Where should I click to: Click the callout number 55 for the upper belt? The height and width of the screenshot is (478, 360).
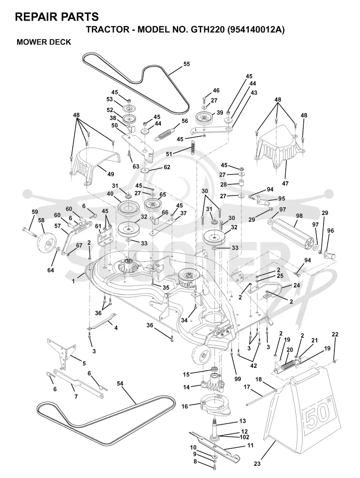pyautogui.click(x=186, y=64)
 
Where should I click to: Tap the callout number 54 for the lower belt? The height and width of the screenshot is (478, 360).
pyautogui.click(x=120, y=384)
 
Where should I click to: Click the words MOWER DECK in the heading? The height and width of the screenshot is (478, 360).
pyautogui.click(x=44, y=42)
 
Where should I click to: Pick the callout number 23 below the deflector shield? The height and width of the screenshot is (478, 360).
pyautogui.click(x=257, y=464)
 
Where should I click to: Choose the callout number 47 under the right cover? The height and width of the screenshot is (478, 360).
pyautogui.click(x=285, y=183)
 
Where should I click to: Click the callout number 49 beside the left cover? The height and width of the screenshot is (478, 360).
pyautogui.click(x=110, y=174)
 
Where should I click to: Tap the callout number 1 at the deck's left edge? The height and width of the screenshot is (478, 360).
pyautogui.click(x=73, y=281)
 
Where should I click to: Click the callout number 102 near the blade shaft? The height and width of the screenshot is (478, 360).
pyautogui.click(x=245, y=437)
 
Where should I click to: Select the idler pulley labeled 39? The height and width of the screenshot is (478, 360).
pyautogui.click(x=205, y=118)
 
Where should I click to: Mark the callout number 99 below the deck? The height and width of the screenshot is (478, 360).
pyautogui.click(x=237, y=379)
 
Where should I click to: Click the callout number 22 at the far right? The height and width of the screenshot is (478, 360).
pyautogui.click(x=335, y=335)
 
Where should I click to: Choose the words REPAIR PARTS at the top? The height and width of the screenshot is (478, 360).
pyautogui.click(x=57, y=17)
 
